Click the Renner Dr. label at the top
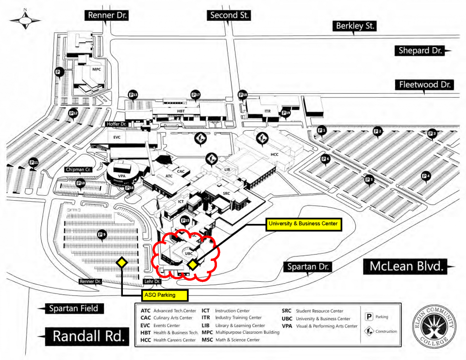coord(107,16)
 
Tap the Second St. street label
coord(230,16)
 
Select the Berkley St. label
coord(356,26)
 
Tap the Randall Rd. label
coord(87,336)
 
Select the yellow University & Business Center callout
coord(304,224)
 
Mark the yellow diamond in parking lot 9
coord(121,262)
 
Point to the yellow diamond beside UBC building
coord(193,264)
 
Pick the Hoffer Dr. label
coord(116,124)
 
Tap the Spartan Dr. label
coord(309,267)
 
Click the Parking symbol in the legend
coord(369,317)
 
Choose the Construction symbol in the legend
coord(369,331)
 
